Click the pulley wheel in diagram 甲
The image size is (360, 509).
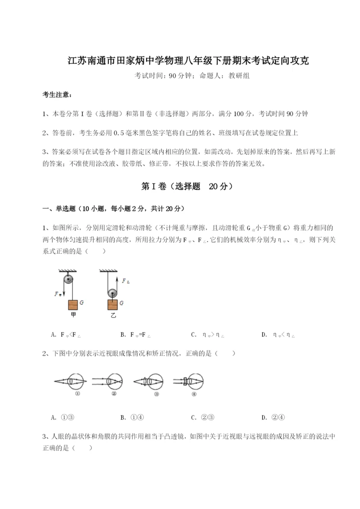[x=68, y=279]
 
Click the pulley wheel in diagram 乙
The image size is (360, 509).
[x=112, y=293]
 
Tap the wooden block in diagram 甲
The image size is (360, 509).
[x=73, y=305]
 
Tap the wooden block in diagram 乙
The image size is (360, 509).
[x=112, y=305]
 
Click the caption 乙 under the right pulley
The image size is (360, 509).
[x=113, y=315]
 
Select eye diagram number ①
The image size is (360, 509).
[x=72, y=382]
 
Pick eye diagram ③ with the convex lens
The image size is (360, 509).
[x=151, y=382]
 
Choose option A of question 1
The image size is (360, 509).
[x=66, y=334]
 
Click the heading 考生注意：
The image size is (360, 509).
[x=57, y=95]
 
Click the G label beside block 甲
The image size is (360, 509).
[x=82, y=303]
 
